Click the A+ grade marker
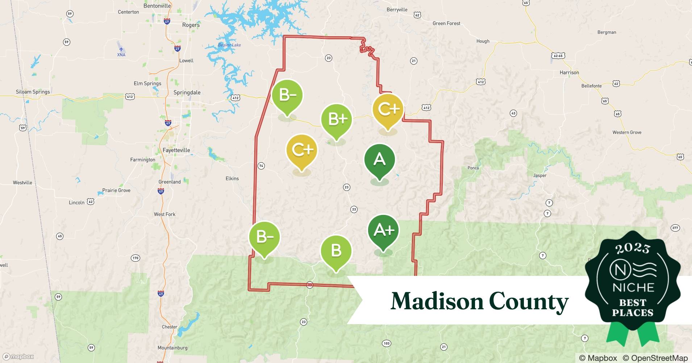click(x=383, y=231)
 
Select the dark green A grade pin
click(x=379, y=160)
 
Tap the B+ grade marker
click(x=337, y=119)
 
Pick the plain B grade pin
click(x=336, y=251)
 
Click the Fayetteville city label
click(x=176, y=150)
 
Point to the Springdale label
click(x=187, y=93)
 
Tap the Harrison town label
click(x=569, y=73)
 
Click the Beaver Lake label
click(x=229, y=45)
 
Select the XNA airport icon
click(x=121, y=49)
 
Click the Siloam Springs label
click(x=33, y=92)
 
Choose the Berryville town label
click(x=397, y=10)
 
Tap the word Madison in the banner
click(x=437, y=301)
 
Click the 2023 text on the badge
click(x=633, y=248)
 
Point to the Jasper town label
click(x=539, y=175)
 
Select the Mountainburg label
click(x=172, y=348)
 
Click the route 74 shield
click(x=261, y=166)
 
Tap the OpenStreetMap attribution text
click(x=655, y=358)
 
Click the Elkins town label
click(x=232, y=179)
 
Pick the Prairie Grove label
click(x=116, y=190)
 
